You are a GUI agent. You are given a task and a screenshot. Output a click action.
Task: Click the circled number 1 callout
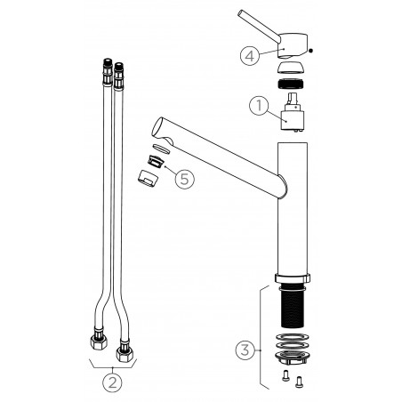259,106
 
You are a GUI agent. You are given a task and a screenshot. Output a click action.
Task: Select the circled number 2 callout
112,382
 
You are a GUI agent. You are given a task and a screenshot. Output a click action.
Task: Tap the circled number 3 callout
245,350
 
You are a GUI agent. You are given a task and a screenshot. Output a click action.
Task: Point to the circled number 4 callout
250,56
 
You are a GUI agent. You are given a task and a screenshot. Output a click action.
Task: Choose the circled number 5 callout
185,179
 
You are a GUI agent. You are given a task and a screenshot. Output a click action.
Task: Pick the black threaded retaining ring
291,84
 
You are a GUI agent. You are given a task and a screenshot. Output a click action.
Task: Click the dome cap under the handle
291,68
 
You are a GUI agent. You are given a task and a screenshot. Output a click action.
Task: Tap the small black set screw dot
310,51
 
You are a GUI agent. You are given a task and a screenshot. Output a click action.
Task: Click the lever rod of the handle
259,26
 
